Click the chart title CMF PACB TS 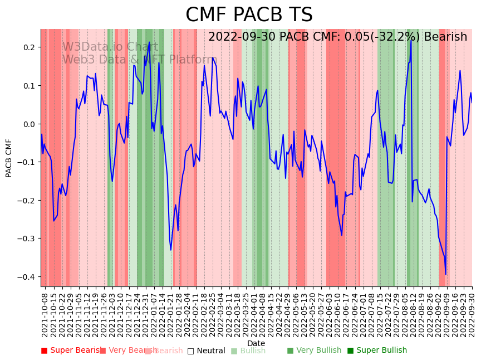pos(249,15)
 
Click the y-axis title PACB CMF pos(9,158)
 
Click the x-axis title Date pos(256,343)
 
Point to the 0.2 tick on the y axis pos(30,47)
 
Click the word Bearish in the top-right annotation pos(445,37)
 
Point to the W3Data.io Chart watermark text pos(110,47)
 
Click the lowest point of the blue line pos(445,274)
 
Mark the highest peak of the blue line pos(411,40)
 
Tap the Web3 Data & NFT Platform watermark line pos(139,60)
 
